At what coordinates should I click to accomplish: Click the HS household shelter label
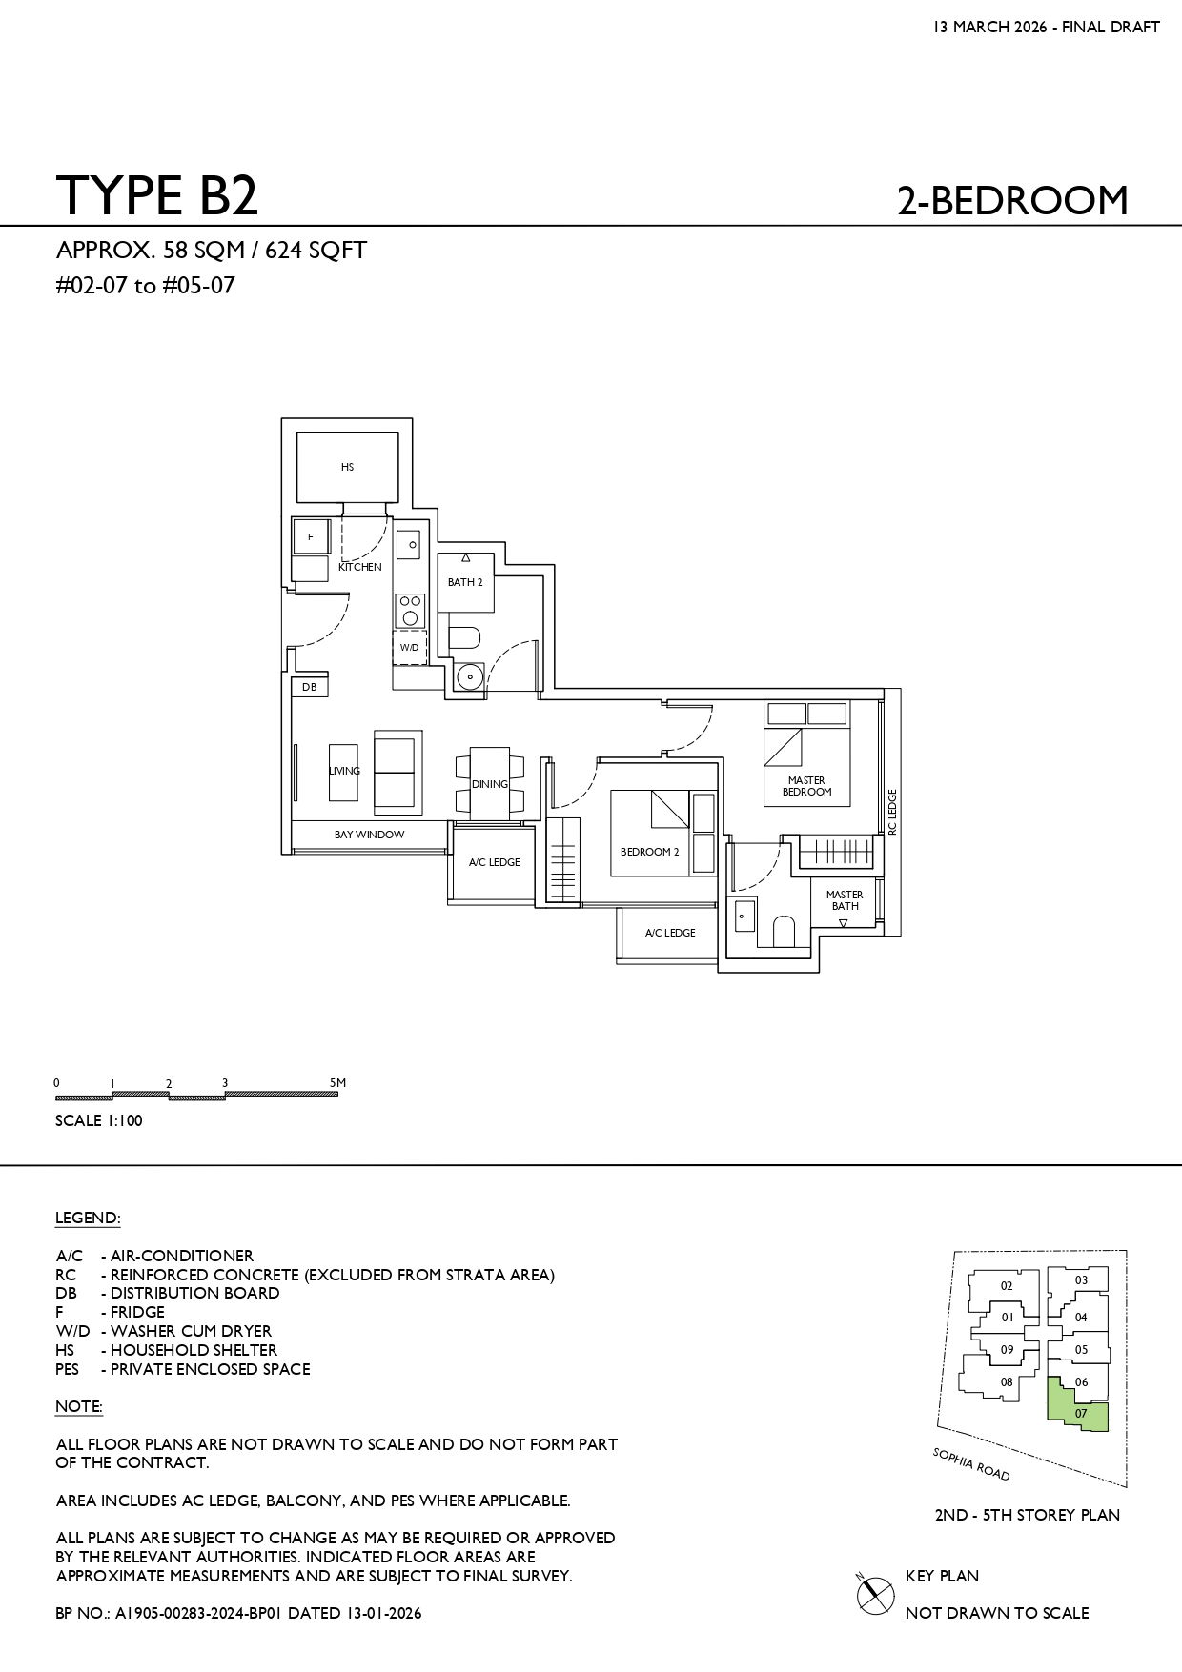click(347, 467)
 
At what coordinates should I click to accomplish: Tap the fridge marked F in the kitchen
click(311, 536)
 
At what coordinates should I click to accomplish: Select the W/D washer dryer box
click(409, 647)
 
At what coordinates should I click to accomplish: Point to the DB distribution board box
click(310, 687)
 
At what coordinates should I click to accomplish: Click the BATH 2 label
click(465, 582)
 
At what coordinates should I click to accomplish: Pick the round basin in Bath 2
click(469, 676)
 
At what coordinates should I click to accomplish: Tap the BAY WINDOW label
click(369, 835)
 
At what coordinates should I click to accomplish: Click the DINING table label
click(490, 784)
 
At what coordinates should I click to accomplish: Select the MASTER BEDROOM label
click(806, 786)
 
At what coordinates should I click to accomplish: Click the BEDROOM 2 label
click(649, 852)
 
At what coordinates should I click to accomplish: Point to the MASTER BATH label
click(845, 900)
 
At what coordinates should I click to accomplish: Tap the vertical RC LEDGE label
click(892, 813)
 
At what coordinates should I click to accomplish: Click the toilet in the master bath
click(784, 932)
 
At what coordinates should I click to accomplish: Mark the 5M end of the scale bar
click(337, 1093)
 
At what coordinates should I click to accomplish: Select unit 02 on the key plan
click(1007, 1285)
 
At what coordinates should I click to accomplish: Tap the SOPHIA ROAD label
click(971, 1464)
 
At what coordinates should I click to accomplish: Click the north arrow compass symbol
click(869, 1594)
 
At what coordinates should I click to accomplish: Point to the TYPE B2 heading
click(157, 195)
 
